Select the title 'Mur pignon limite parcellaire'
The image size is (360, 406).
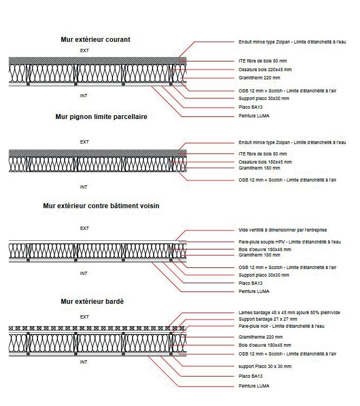tap(101, 117)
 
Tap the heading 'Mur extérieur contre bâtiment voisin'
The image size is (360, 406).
tap(102, 206)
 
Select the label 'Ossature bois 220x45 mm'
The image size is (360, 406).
tap(265, 70)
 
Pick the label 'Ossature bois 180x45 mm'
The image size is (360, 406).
tap(265, 162)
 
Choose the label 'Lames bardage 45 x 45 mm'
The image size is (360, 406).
tap(292, 313)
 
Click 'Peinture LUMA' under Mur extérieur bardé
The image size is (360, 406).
tap(254, 386)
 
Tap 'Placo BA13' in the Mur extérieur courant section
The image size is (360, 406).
tap(250, 107)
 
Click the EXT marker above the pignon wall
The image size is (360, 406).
tap(84, 142)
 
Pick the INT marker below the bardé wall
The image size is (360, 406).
tap(84, 362)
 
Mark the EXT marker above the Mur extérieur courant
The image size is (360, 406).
tap(84, 50)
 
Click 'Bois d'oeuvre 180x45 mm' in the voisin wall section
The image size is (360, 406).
tap(264, 249)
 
